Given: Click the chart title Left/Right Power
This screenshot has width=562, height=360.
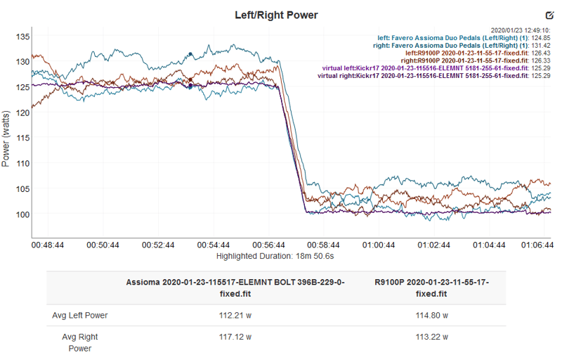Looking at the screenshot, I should tap(276, 15).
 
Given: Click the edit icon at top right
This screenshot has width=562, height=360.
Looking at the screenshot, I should tap(549, 15).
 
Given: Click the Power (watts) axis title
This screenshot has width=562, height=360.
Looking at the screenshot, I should tap(6, 138).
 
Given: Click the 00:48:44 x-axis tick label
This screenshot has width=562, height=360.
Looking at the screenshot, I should tap(48, 245).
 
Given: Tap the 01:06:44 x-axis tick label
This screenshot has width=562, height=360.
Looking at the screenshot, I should tap(537, 245).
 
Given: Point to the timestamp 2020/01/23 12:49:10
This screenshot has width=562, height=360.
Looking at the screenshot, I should tap(511, 30).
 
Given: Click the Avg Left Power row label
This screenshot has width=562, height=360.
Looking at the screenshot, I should tap(80, 315).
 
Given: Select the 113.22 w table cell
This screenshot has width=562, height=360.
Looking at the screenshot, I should tap(431, 337).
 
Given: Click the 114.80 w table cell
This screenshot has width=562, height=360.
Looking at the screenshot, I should tap(431, 315).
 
